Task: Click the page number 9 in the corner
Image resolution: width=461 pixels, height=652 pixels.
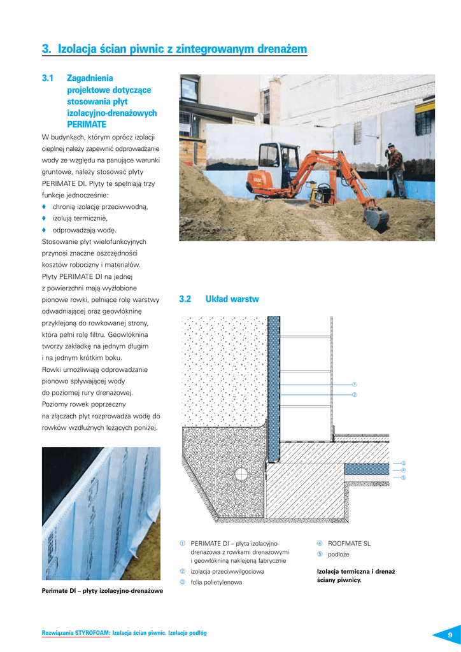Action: pyautogui.click(x=450, y=635)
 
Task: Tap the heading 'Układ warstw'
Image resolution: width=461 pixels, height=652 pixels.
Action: pyautogui.click(x=232, y=299)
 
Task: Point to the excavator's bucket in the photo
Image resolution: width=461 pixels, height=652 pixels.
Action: pyautogui.click(x=376, y=218)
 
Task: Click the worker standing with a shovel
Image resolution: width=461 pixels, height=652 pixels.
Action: pyautogui.click(x=397, y=169)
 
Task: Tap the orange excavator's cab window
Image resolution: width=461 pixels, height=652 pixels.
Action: pyautogui.click(x=271, y=156)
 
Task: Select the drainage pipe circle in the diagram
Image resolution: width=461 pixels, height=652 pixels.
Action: pyautogui.click(x=241, y=474)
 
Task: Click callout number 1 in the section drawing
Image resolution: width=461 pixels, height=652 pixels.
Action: pyautogui.click(x=354, y=385)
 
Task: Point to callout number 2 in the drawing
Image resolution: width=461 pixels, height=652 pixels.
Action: pyautogui.click(x=354, y=395)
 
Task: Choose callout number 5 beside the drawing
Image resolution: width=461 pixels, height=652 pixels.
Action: pyautogui.click(x=403, y=478)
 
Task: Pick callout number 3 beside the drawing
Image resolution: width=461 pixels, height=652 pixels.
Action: pyautogui.click(x=403, y=462)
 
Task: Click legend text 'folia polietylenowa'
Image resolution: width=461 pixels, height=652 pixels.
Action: pyautogui.click(x=216, y=583)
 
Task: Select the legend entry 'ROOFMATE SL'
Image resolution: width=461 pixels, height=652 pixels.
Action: pyautogui.click(x=349, y=544)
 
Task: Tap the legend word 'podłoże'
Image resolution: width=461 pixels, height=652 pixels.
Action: pyautogui.click(x=339, y=555)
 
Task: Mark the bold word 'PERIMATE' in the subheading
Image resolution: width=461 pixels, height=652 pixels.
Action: pyautogui.click(x=87, y=124)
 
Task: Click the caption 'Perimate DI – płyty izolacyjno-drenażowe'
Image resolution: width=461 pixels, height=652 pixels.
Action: pyautogui.click(x=103, y=591)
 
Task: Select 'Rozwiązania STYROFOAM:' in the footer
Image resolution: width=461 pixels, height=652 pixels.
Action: pyautogui.click(x=76, y=633)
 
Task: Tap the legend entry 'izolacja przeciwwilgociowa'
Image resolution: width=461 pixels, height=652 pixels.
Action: pyautogui.click(x=227, y=572)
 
